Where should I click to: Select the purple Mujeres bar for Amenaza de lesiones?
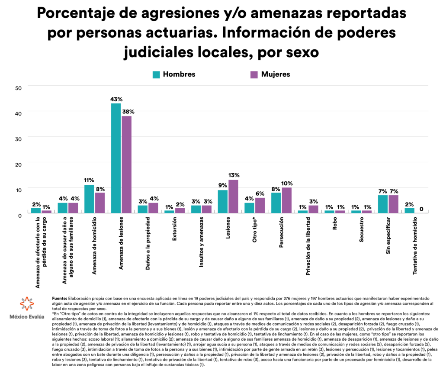126,164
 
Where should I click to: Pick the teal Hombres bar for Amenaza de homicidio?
89,199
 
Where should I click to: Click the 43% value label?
116,99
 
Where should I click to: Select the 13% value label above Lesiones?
234,175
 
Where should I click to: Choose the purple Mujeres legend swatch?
254,74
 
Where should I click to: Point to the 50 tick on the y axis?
18,88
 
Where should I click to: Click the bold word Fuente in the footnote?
59,299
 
